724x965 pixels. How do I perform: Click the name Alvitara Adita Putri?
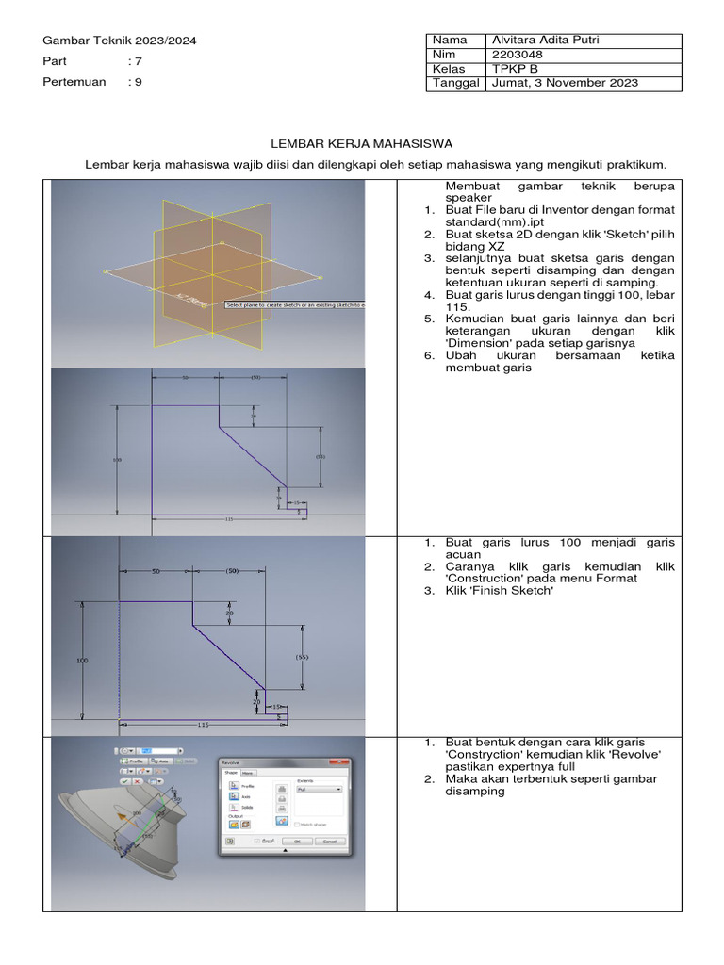pos(546,40)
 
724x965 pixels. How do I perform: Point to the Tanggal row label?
pos(455,83)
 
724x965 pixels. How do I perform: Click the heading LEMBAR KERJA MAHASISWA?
pos(363,143)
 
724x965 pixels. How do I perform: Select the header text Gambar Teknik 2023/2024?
pos(120,41)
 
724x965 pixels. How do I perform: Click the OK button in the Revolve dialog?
pos(297,841)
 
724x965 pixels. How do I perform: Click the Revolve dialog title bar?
pos(283,761)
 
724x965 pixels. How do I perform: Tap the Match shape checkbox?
pos(297,825)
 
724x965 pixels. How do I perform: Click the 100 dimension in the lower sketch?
pos(82,661)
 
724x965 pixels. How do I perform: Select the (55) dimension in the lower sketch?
pos(302,656)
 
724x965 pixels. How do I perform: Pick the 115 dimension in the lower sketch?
pos(203,724)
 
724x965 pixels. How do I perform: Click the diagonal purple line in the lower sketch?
pos(229,657)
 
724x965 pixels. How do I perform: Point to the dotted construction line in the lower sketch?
pos(120,660)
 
